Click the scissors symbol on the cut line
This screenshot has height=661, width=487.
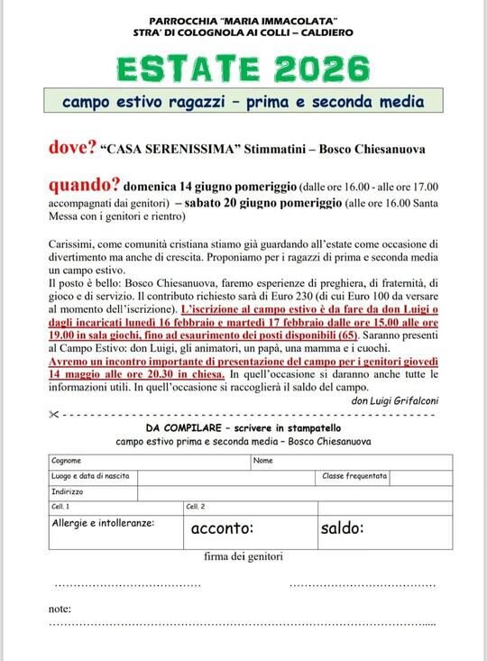(x=55, y=414)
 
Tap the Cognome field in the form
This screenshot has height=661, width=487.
(x=149, y=461)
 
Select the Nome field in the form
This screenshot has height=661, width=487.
(x=352, y=461)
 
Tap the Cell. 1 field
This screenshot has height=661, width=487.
(x=116, y=507)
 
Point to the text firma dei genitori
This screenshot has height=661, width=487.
(x=243, y=557)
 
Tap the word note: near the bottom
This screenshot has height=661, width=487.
(x=60, y=609)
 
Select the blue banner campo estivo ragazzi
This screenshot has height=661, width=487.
(x=243, y=102)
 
